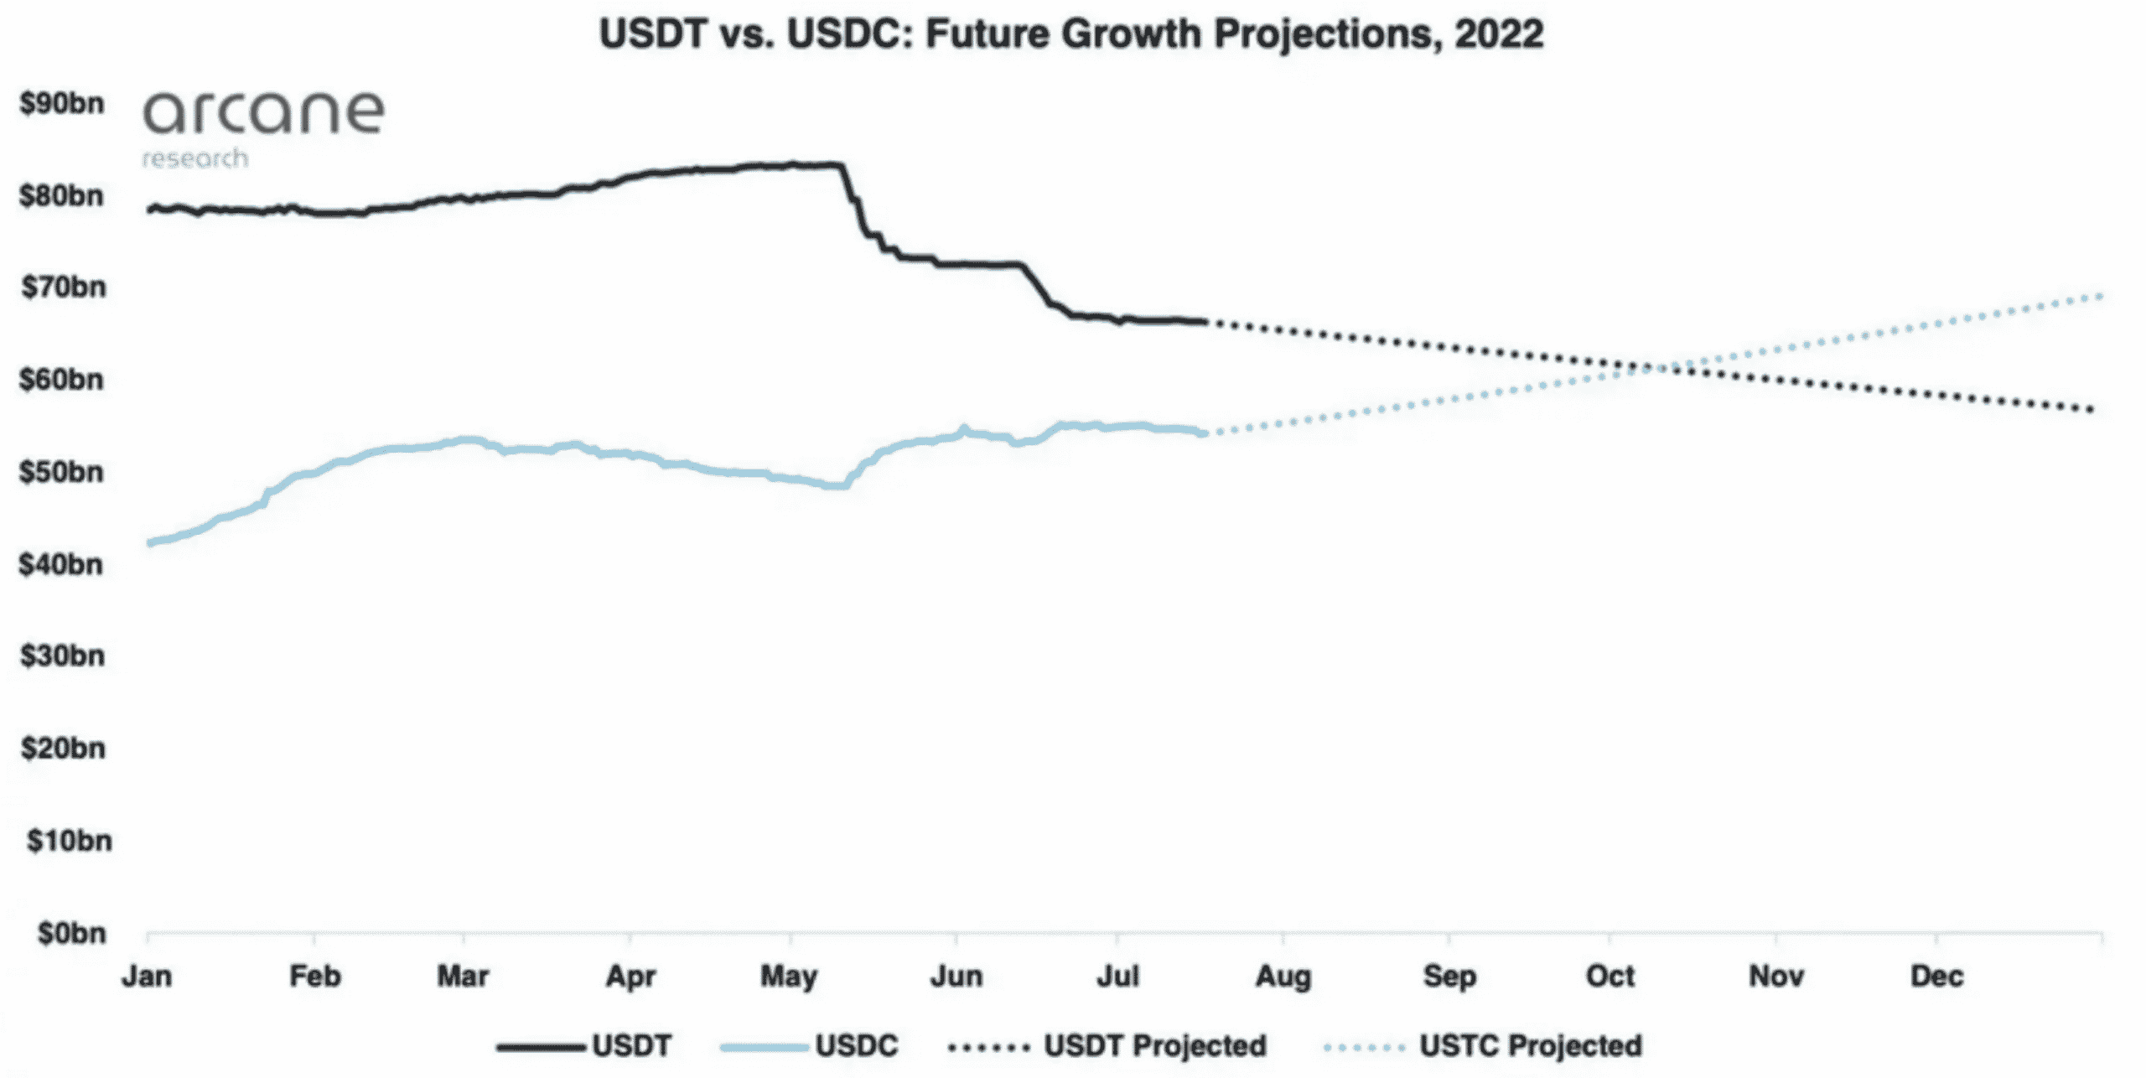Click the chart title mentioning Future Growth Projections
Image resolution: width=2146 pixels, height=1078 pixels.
pyautogui.click(x=1071, y=35)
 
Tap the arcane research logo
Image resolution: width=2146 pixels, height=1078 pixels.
pyautogui.click(x=262, y=126)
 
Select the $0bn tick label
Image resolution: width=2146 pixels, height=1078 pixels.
pyautogui.click(x=72, y=933)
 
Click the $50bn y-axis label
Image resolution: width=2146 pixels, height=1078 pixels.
pyautogui.click(x=62, y=472)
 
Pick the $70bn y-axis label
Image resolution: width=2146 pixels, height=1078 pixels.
pyautogui.click(x=64, y=288)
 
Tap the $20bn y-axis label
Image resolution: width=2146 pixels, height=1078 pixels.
pyautogui.click(x=64, y=748)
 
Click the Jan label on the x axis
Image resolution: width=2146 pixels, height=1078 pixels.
pyautogui.click(x=147, y=977)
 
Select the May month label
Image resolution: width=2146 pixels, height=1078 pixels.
pyautogui.click(x=788, y=977)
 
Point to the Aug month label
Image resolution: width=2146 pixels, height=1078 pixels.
pyautogui.click(x=1283, y=977)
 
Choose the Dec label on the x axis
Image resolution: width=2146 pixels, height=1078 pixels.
pyautogui.click(x=1936, y=977)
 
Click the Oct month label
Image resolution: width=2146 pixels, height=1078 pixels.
pyautogui.click(x=1610, y=977)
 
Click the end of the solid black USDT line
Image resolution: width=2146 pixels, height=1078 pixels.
pyautogui.click(x=1204, y=322)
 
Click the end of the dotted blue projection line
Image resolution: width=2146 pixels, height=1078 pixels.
pyautogui.click(x=2100, y=296)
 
